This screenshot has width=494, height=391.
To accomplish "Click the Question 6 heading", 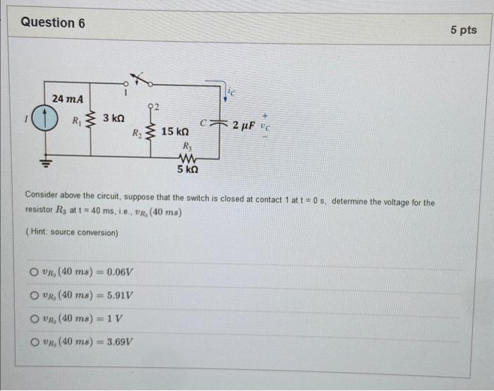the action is coord(53,23).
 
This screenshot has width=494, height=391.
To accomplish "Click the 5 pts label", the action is coord(463,30).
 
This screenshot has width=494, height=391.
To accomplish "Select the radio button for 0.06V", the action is coord(33,272).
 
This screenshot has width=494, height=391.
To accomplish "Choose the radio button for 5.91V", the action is coord(33,296).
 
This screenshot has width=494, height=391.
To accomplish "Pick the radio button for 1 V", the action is coord(33,319).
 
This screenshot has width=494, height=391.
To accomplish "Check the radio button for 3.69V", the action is coord(33,342).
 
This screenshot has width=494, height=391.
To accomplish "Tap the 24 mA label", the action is coord(68,99).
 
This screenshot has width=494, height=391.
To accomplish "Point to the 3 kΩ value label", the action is coord(113,119).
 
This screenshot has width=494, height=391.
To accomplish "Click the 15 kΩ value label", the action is coord(175,132).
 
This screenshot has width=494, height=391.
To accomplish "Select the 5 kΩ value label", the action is coord(188,169).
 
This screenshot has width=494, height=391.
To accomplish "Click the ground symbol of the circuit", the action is coord(47,162).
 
